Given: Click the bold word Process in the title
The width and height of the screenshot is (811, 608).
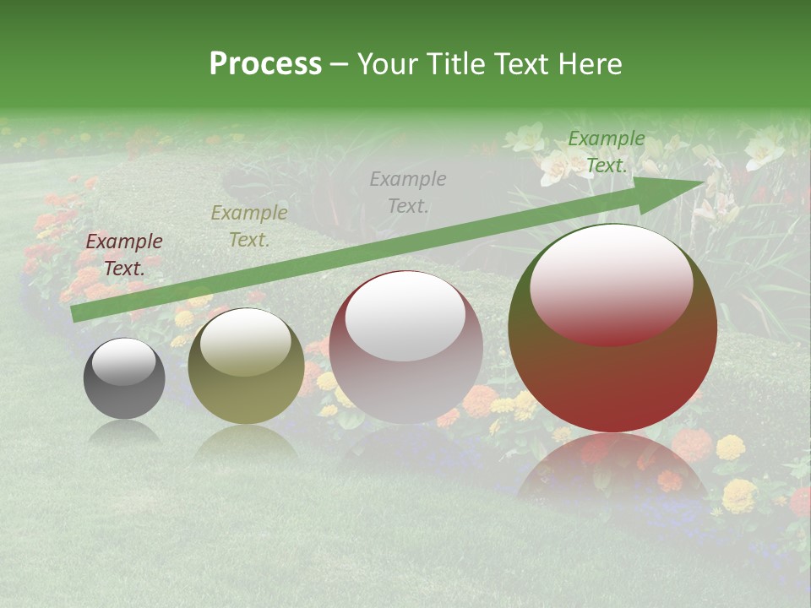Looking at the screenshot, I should tap(265, 64).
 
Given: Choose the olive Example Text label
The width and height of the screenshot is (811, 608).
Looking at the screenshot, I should tap(249, 226).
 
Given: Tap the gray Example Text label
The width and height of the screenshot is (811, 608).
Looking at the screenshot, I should tap(408, 193).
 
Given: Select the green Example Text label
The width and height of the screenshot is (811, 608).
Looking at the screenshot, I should tap(607, 152).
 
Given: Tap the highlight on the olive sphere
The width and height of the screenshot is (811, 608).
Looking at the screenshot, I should tap(245, 342).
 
